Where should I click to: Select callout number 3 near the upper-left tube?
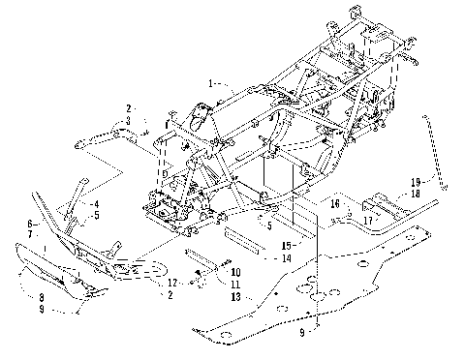pyautogui.click(x=127, y=120)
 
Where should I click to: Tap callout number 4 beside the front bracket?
pyautogui.click(x=97, y=203)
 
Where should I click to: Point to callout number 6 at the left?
pyautogui.click(x=32, y=224)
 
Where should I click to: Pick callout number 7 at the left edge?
pyautogui.click(x=32, y=234)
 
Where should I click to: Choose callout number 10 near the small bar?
pyautogui.click(x=236, y=274)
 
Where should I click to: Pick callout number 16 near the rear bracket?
pyautogui.click(x=333, y=204)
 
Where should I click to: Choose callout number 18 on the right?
pyautogui.click(x=414, y=194)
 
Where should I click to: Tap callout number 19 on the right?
pyautogui.click(x=414, y=182)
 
